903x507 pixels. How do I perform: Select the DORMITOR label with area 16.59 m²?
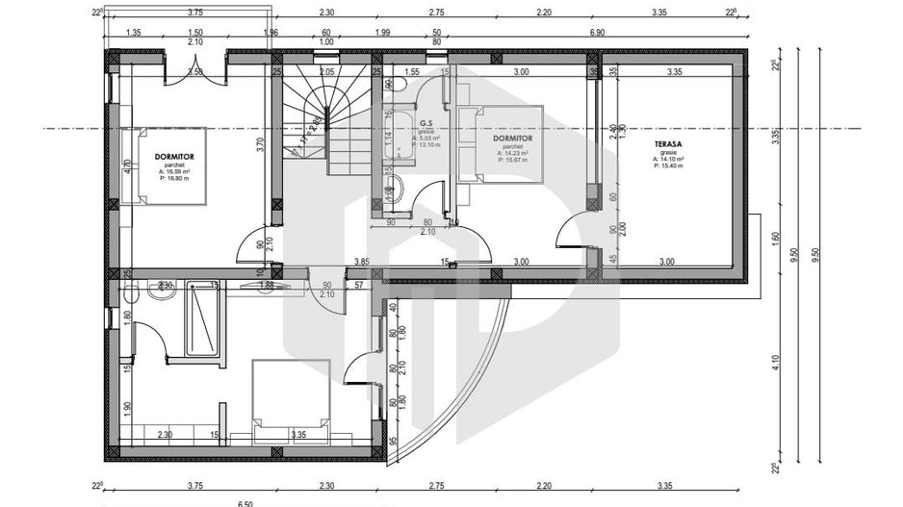(173, 154)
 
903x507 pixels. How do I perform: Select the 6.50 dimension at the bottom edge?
(245, 502)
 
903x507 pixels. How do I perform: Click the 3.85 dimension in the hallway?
(362, 261)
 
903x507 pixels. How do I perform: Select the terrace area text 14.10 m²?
(667, 159)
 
